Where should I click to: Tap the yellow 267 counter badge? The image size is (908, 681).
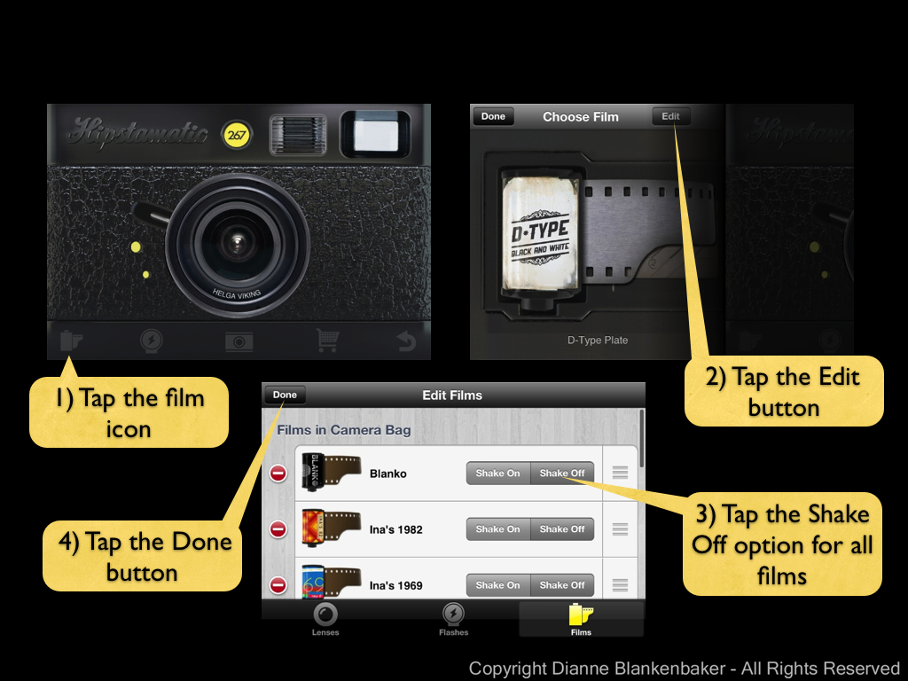pos(236,135)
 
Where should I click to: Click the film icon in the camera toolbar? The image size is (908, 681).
pos(71,340)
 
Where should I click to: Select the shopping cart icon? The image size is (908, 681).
pos(327,340)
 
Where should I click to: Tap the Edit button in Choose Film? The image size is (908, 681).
pos(670,116)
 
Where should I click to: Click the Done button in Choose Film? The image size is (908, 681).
pos(493,116)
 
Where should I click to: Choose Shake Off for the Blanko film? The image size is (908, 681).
pos(562,474)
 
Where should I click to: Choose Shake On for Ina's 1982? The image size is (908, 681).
pos(498,529)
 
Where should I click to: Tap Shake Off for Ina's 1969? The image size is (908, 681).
pos(562,585)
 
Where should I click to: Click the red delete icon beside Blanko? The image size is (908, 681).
pos(278,474)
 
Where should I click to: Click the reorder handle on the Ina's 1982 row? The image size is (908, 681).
pos(620,529)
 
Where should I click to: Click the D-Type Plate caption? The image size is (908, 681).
pos(598,340)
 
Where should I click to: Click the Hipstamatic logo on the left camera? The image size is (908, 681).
pos(137,132)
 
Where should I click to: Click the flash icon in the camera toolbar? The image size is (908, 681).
pos(152,340)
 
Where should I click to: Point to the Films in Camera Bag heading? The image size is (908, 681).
pos(344,430)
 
